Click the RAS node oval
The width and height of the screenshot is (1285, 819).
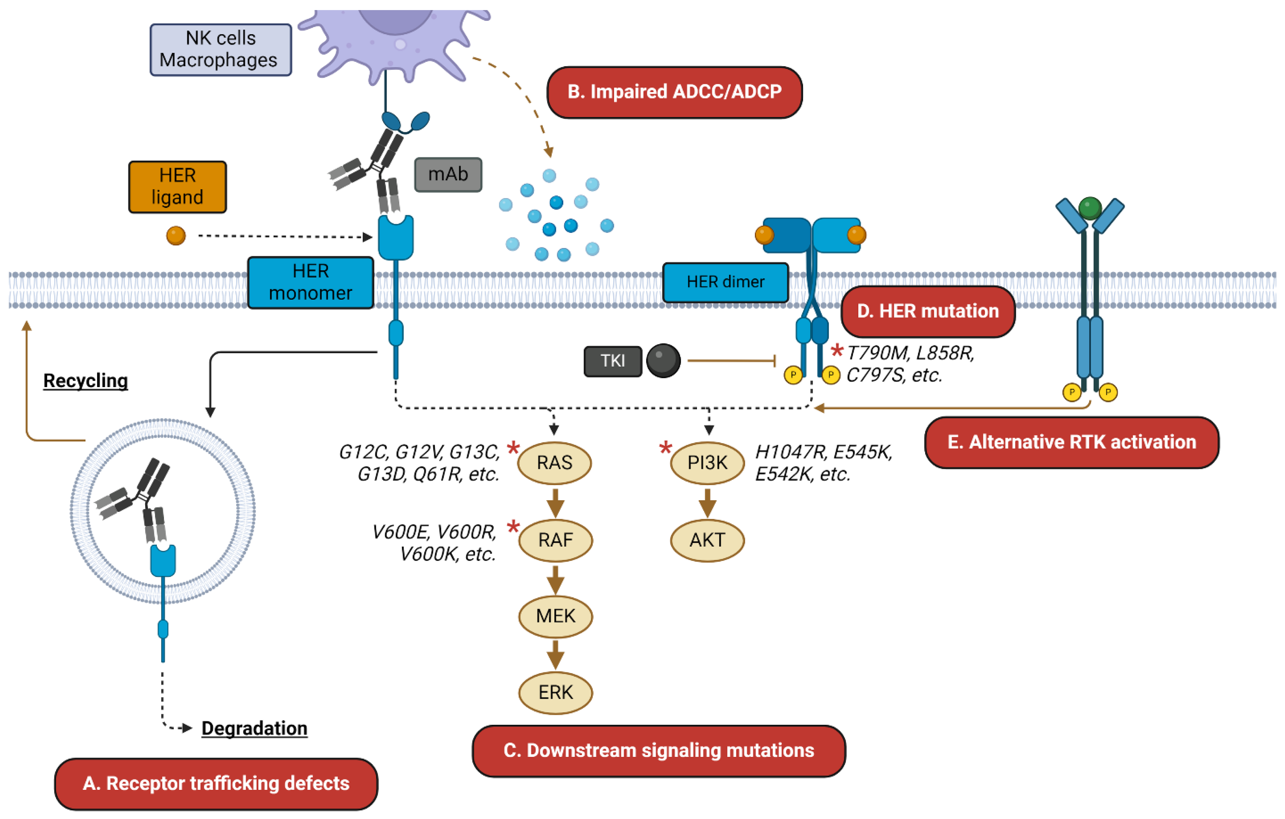(x=555, y=463)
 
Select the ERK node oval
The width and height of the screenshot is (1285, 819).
(x=556, y=693)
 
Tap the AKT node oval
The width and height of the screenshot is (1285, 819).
(x=707, y=540)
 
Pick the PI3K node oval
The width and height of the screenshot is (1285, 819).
(x=707, y=463)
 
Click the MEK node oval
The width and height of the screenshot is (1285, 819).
(x=556, y=616)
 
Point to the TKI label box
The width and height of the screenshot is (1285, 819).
(x=612, y=361)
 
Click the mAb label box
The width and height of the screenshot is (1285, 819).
(x=448, y=174)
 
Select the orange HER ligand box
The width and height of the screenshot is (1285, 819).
(x=177, y=187)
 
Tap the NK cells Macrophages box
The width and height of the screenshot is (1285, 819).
(x=220, y=50)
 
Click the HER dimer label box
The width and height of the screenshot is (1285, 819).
(x=725, y=282)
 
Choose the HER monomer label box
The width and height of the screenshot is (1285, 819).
(x=311, y=282)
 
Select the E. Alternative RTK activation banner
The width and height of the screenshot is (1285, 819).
(x=1071, y=442)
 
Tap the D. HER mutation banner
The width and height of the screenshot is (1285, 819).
(x=927, y=312)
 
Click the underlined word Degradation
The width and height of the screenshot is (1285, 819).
(x=254, y=728)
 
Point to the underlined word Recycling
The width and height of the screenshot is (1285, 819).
(x=86, y=381)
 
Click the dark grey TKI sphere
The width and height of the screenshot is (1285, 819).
(x=663, y=361)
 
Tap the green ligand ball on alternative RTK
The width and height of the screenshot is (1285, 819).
(x=1090, y=208)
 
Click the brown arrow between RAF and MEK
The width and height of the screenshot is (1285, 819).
(x=556, y=579)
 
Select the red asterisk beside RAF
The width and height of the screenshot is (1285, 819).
(x=513, y=527)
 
